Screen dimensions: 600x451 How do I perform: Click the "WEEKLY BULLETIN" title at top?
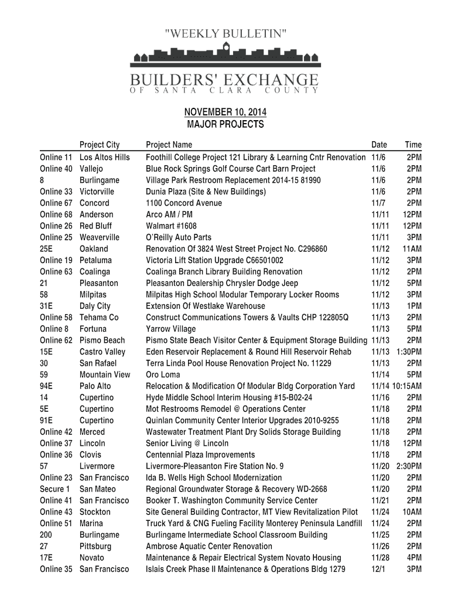point(225,33)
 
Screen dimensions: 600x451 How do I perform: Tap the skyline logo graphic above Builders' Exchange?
point(225,55)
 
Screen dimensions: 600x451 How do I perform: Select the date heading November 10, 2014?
point(225,112)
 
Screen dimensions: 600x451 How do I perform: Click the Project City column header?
point(100,145)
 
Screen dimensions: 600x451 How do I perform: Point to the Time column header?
point(413,145)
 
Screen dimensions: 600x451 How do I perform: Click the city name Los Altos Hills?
point(105,157)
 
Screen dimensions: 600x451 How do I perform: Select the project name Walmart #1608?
point(171,226)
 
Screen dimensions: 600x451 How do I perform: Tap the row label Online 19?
point(56,260)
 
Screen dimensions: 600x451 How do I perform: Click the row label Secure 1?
point(54,489)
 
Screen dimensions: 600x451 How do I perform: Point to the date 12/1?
point(379,569)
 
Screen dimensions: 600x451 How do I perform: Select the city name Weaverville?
point(100,237)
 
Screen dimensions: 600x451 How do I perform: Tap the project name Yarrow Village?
point(171,329)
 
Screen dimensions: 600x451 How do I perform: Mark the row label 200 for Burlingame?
point(46,534)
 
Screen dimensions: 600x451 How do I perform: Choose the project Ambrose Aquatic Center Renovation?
point(209,546)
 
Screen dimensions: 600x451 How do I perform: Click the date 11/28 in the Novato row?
point(381,557)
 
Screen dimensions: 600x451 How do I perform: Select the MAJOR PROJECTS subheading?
point(225,124)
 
